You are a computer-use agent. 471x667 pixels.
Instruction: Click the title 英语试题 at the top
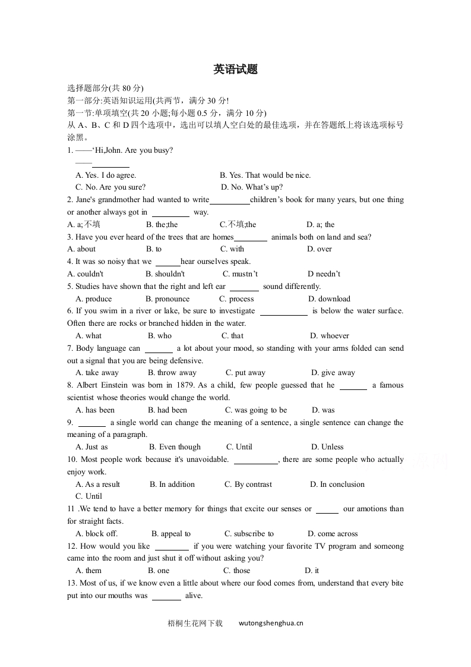235,70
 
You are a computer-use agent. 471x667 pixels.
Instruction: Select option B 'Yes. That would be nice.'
265,175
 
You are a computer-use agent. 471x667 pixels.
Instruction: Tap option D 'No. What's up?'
252,187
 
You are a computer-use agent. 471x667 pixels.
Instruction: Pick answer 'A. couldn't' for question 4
86,274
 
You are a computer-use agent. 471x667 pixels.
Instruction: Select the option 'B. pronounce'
167,299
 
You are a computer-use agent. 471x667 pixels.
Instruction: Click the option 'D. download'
329,299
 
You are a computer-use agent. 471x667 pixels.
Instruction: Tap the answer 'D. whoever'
330,336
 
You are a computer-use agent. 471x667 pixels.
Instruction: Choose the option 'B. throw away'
172,373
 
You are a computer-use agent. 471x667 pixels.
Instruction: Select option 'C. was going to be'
255,410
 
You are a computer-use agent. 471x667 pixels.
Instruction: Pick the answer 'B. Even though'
175,447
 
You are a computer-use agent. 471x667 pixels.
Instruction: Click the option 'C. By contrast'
248,484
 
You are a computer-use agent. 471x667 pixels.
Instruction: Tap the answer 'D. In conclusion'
337,484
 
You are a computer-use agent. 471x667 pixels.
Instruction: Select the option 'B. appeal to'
171,534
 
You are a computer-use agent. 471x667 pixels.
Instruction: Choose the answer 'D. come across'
333,534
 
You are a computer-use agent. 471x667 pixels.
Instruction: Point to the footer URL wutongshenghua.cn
271,624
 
